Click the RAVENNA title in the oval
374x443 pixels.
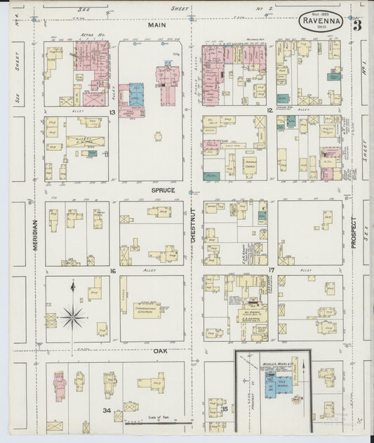(x=321, y=20)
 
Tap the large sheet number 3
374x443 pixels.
(x=357, y=26)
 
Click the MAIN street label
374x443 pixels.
(x=155, y=25)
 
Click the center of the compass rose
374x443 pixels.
(x=72, y=317)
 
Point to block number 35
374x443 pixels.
(x=225, y=407)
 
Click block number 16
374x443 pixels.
(x=112, y=270)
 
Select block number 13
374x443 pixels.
(x=112, y=112)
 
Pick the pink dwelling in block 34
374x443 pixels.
(x=60, y=385)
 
